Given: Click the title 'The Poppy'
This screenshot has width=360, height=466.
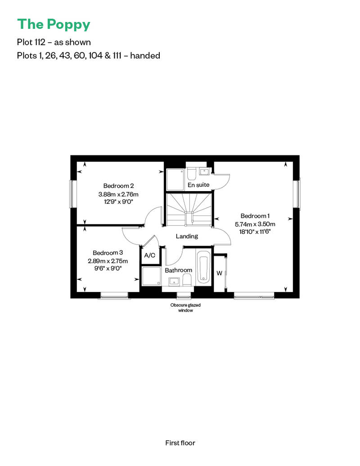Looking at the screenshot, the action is [x=54, y=24].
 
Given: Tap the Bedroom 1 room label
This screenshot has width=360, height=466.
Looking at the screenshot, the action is [x=255, y=216].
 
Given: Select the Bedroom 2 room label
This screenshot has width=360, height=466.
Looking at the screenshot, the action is [x=118, y=186].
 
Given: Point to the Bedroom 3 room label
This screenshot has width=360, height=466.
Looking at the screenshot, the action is [x=108, y=253].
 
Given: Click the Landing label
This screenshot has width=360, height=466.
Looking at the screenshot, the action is [x=187, y=236].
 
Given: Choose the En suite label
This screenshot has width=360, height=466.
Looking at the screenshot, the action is [x=198, y=185].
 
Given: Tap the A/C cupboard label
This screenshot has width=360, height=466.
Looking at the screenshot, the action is [x=149, y=255].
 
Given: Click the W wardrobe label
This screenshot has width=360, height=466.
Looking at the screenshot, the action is [x=220, y=273].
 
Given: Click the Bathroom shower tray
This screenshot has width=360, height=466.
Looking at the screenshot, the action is [x=151, y=276].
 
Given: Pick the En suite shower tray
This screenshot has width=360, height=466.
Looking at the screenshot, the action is [x=175, y=179].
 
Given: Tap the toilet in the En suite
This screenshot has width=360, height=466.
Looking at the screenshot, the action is [x=191, y=174].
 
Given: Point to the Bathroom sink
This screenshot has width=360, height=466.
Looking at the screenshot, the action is [x=174, y=282].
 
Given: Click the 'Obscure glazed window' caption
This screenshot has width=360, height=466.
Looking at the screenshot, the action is [x=185, y=308].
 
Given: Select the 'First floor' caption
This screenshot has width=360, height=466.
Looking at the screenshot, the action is [x=180, y=443].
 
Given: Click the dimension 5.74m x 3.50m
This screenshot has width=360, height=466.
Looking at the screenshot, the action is [x=255, y=224].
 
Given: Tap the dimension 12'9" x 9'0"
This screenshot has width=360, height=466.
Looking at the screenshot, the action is [x=118, y=202].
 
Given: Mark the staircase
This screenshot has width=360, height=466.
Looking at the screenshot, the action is [x=189, y=210].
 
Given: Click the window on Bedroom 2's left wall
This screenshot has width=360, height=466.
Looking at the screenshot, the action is [x=72, y=194].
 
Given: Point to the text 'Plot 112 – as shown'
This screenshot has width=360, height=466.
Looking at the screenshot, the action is [x=54, y=42].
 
